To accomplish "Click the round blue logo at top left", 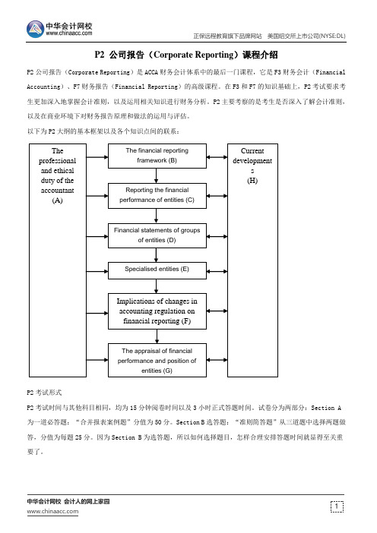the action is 35,30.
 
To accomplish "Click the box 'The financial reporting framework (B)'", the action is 157,156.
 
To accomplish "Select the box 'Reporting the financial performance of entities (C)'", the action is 157,196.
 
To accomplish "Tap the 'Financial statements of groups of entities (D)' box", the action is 157,235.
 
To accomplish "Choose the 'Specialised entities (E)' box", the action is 157,270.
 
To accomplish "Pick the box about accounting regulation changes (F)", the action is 157,311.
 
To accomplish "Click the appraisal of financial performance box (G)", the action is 157,361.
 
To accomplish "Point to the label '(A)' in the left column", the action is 58,200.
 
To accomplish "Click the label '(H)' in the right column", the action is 252,181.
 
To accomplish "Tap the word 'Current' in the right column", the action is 252,150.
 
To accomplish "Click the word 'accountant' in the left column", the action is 58,191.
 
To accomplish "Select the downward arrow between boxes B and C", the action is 156,175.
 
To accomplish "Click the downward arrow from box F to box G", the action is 157,336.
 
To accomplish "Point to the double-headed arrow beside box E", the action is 217,272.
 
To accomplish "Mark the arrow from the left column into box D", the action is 97,237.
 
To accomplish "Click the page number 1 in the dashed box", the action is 337,506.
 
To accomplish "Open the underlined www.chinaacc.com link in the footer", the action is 52,512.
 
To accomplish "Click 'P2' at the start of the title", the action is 100,55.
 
